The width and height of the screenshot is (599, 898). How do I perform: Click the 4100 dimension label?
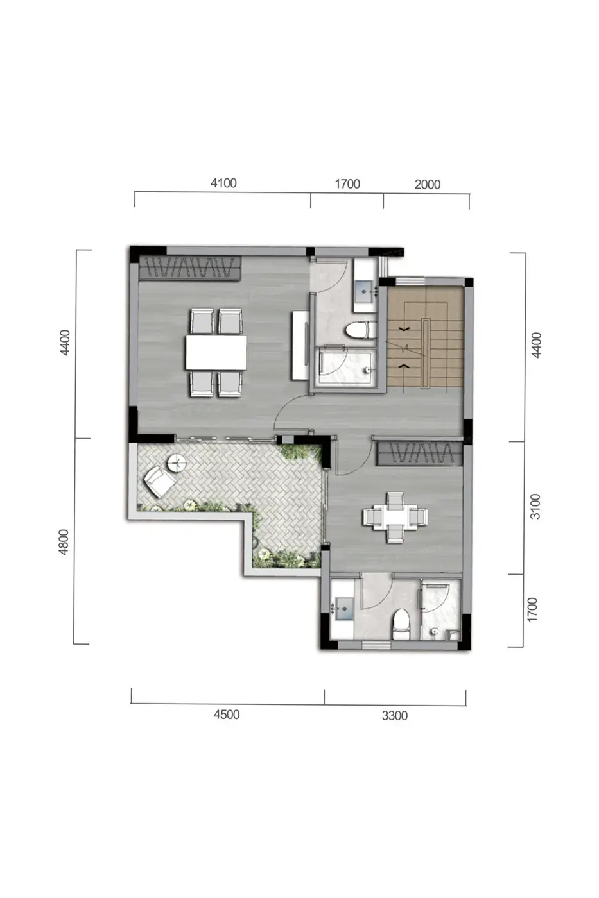[223, 183]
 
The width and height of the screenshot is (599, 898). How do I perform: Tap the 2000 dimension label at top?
[428, 185]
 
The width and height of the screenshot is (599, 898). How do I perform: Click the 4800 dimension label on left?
[64, 542]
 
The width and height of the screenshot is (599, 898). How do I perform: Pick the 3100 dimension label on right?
[535, 507]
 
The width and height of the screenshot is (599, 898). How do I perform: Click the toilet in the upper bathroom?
[360, 330]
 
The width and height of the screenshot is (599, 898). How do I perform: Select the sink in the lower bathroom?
[344, 609]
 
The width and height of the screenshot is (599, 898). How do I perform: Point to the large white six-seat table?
[216, 352]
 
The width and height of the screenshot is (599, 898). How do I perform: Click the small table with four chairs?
[395, 517]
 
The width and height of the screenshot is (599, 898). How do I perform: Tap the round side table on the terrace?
[177, 463]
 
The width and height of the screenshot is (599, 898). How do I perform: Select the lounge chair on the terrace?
[159, 482]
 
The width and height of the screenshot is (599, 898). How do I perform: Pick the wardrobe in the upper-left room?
[190, 267]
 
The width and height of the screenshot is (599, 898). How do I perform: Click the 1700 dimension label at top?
[347, 184]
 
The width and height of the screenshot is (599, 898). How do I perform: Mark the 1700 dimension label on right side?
[532, 610]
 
